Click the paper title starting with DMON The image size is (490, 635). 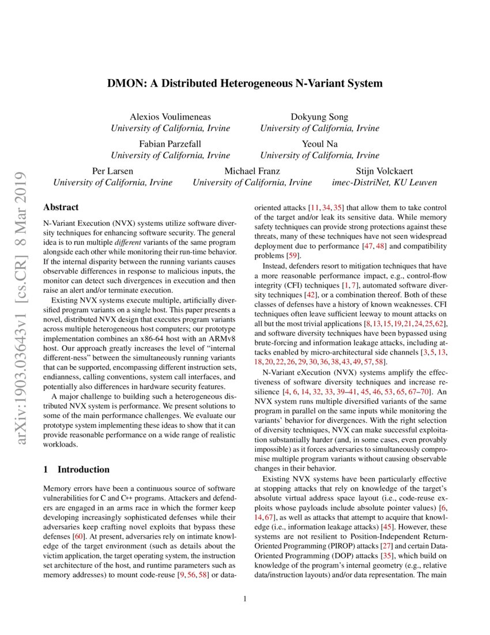pos(244,83)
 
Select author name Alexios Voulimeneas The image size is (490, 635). pos(170,117)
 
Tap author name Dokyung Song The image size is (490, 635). pos(319,117)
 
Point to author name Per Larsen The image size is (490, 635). pos(112,171)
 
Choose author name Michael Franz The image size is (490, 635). pos(252,171)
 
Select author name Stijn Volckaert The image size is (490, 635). pos(385,171)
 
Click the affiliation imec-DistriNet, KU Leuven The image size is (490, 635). pos(385,182)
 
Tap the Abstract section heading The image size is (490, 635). pos(61,207)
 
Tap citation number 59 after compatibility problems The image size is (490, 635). pos(293,255)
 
